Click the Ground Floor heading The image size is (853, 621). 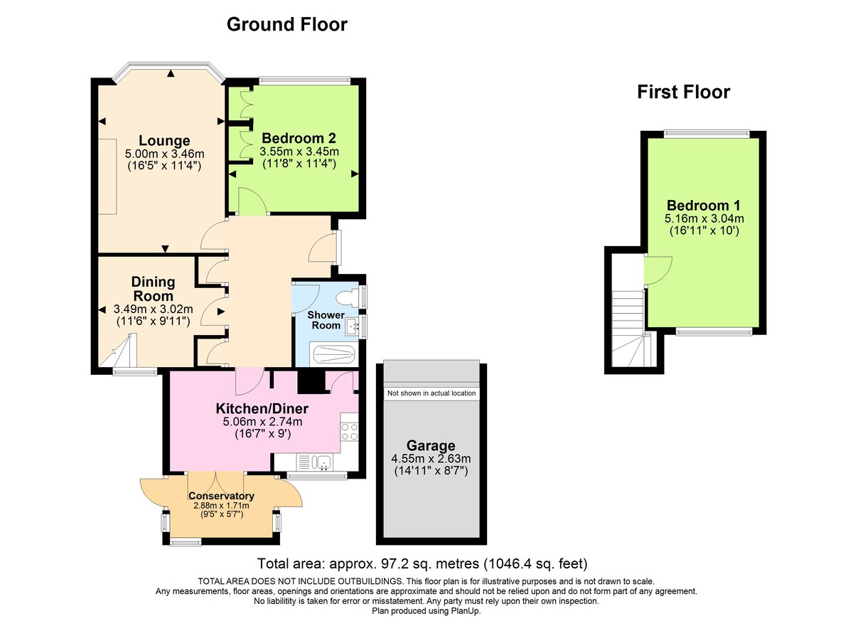(286, 25)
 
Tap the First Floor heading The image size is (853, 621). (683, 92)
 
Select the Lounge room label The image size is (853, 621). (164, 140)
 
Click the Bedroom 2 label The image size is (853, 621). (299, 138)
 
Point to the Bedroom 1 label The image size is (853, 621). (704, 206)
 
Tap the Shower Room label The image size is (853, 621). (326, 320)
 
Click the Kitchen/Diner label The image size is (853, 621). (262, 409)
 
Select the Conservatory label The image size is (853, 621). (221, 496)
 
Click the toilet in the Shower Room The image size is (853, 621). (350, 297)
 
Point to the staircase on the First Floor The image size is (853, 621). (628, 320)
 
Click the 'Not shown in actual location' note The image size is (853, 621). (431, 393)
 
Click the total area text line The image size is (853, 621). (422, 564)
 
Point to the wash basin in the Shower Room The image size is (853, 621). (352, 327)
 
